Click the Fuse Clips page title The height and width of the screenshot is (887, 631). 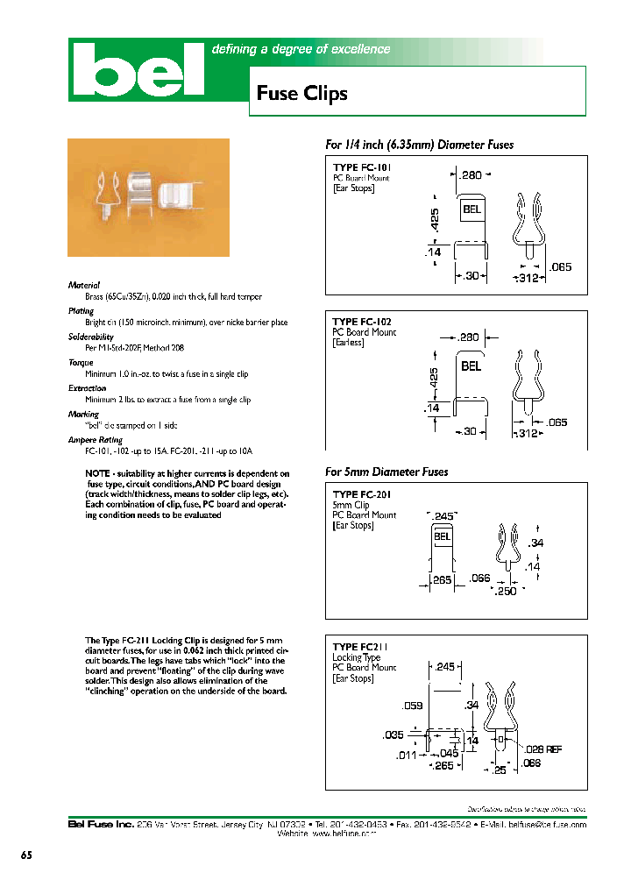point(301,94)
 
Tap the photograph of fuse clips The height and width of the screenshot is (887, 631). point(148,197)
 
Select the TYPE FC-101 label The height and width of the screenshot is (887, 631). point(362,167)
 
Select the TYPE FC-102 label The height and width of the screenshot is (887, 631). point(362,322)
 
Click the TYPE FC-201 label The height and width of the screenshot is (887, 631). point(361,494)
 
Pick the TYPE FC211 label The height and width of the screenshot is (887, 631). point(359,647)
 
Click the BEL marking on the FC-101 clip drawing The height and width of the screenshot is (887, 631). point(471,210)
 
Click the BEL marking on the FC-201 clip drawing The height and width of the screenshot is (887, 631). point(443,536)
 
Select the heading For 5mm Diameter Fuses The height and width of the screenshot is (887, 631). point(386,472)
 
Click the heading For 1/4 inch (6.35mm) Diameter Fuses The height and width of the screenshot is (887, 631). point(419,145)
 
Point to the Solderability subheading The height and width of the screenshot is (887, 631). point(91,337)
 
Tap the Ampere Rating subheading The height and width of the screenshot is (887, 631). point(95,440)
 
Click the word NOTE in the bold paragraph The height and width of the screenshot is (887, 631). point(98,473)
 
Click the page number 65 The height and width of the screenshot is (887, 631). point(26,855)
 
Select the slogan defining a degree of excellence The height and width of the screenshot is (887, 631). point(301,50)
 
